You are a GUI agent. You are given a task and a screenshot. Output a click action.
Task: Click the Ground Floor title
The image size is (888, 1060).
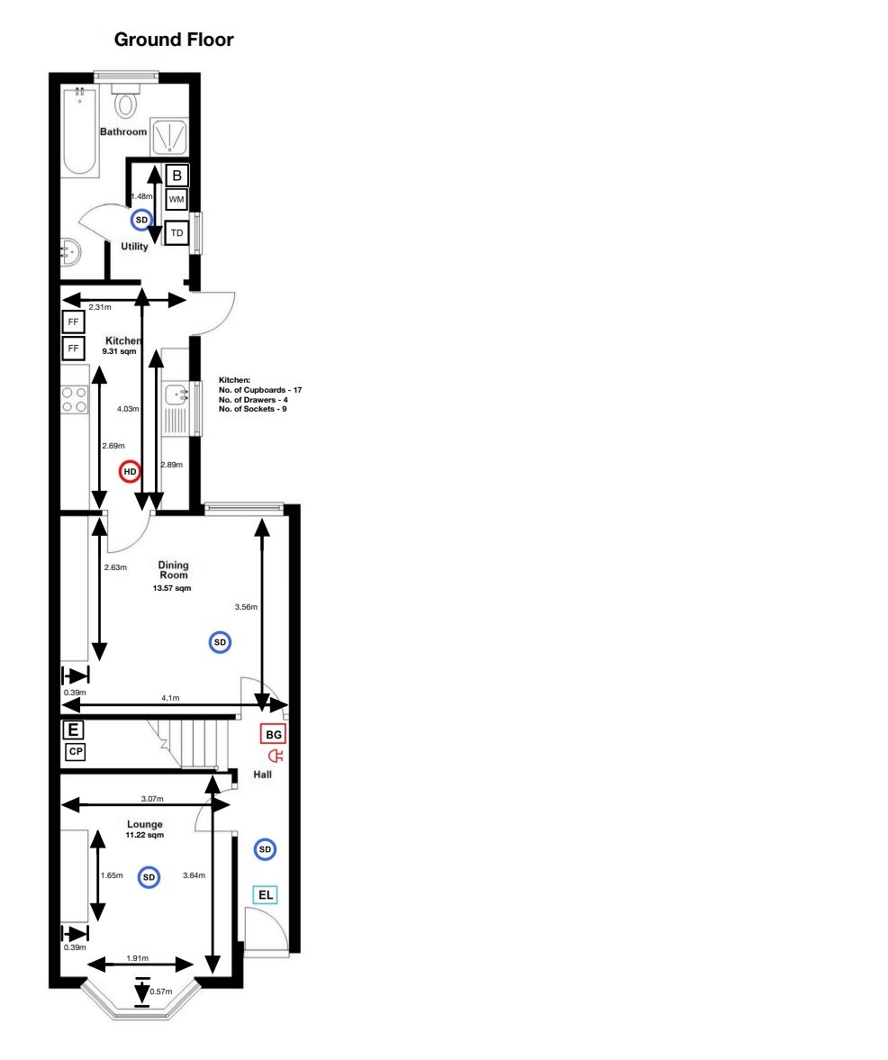coord(174,40)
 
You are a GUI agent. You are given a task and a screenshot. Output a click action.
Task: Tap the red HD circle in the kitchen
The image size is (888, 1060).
coord(130,471)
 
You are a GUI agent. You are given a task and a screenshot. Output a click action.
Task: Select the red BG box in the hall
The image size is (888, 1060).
coord(274,734)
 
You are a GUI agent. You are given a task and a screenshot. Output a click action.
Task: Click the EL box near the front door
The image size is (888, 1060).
coord(266,894)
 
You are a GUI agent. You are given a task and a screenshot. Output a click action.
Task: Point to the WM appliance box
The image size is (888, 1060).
coord(177,199)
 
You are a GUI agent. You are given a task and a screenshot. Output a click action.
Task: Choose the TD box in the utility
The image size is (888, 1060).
coord(177,233)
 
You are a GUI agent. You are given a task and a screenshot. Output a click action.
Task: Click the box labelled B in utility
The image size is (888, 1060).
coord(177,176)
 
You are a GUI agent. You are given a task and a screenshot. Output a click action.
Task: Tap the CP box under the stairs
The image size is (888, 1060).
coord(75,752)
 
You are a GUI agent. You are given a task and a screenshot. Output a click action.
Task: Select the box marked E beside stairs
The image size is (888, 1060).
coord(73,730)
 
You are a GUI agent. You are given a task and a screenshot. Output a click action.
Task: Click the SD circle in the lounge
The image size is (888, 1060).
coord(149,876)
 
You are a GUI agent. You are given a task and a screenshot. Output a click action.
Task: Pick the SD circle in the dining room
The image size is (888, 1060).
coord(220,642)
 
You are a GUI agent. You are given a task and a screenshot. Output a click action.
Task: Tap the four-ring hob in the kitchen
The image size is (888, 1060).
coord(74,399)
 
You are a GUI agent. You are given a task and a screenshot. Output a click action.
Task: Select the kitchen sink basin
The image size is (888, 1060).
coord(175,394)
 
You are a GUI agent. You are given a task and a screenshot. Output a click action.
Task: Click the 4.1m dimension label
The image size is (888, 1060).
coord(170,698)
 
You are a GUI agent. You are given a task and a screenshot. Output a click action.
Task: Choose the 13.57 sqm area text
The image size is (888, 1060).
coord(171,588)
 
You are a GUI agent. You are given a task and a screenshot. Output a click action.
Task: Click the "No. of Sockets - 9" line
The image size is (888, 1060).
coord(254,410)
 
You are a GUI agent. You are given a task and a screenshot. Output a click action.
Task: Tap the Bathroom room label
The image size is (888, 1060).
coord(123,131)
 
